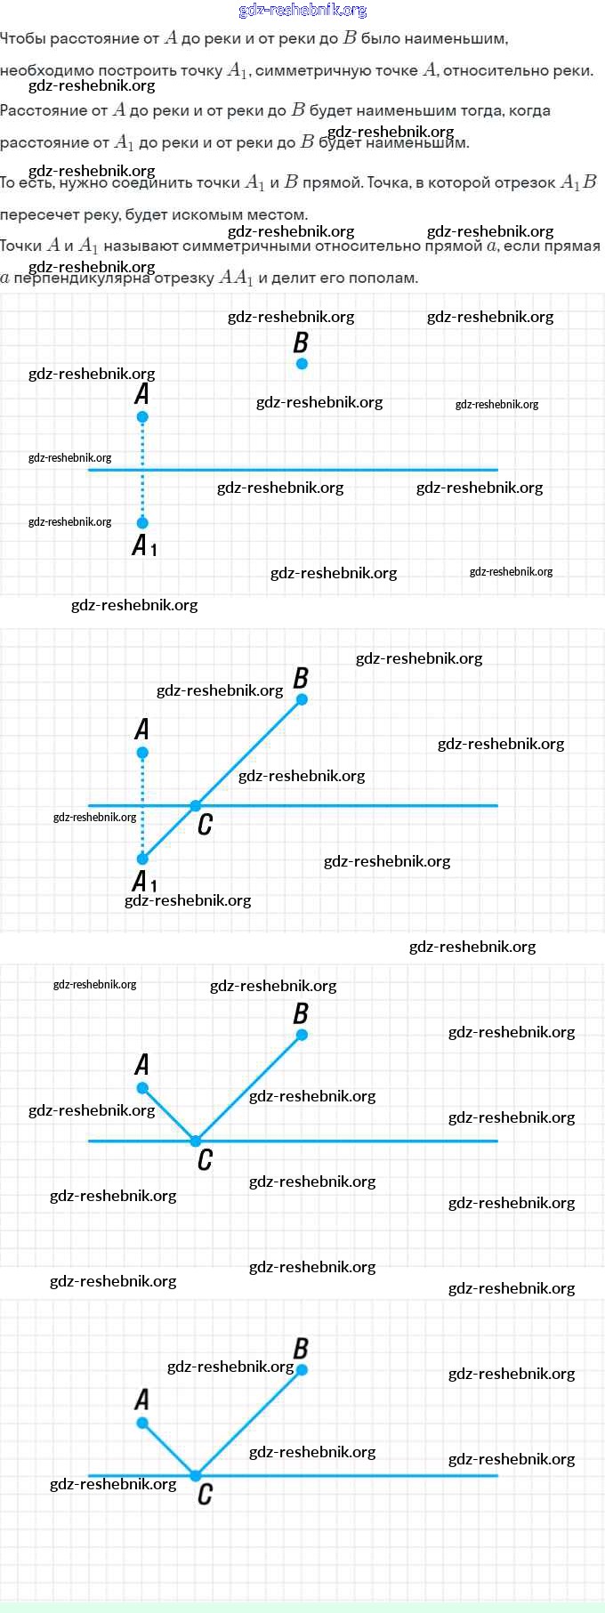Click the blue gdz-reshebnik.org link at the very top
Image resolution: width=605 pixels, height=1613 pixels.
(302, 11)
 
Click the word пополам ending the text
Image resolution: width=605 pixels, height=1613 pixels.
(386, 278)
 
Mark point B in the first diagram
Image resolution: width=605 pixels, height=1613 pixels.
(302, 364)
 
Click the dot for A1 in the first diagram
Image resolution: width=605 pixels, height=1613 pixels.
(142, 523)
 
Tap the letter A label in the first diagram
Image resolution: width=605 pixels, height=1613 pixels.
(141, 393)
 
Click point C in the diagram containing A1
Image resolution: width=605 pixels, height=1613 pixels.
(196, 806)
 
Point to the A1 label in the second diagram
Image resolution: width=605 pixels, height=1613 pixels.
(144, 882)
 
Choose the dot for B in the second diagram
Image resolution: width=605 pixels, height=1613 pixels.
(302, 699)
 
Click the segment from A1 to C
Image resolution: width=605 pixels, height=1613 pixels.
(169, 833)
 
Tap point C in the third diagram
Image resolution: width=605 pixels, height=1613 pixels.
(196, 1141)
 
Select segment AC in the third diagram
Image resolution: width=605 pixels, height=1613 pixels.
(169, 1115)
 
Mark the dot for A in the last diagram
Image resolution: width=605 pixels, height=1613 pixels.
(142, 1423)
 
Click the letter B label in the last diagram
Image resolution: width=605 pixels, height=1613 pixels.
(301, 1349)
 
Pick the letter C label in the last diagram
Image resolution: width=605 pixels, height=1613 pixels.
(205, 1494)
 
